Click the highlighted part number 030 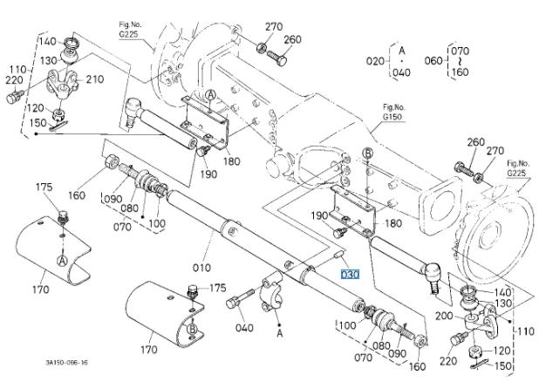coord(350,275)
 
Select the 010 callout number coord(201,268)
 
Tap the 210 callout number coord(95,79)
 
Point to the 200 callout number coord(444,316)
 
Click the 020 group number coord(375,61)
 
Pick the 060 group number coord(433,60)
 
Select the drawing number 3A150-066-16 coord(67,363)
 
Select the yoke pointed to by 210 coord(63,84)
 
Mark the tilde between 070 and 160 coord(460,61)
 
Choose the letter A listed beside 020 coord(402,51)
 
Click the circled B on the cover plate coord(192,329)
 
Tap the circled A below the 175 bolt coord(62,261)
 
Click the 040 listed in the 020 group coord(401,72)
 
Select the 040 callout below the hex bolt coord(244,328)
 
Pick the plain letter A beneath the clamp coord(280,333)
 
